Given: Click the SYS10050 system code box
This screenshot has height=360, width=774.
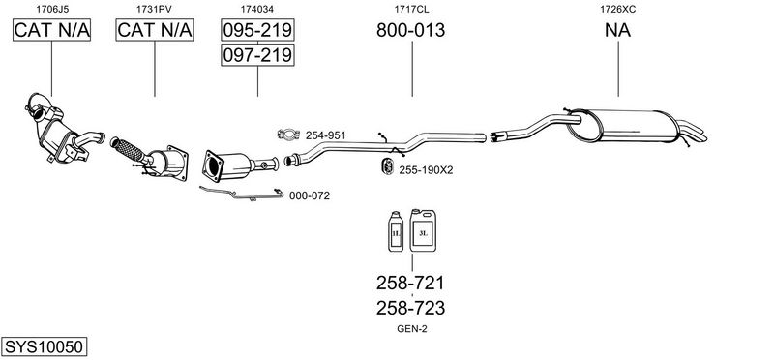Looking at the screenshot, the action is [44, 346].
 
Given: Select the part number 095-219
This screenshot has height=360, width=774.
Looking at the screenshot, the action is [257, 30].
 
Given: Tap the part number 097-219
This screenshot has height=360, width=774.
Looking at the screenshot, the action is [257, 55].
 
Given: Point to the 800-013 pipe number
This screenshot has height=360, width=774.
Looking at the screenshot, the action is [410, 30].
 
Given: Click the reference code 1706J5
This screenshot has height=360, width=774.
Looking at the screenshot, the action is [51, 9].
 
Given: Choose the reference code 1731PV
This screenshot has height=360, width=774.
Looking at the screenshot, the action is [154, 9].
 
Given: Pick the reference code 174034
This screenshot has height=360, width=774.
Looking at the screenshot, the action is [257, 9].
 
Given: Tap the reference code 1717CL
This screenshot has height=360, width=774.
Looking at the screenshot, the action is [411, 9].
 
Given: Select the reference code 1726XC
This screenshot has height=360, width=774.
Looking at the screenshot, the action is [617, 9].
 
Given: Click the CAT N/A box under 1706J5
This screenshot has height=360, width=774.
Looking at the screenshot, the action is [51, 30].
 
